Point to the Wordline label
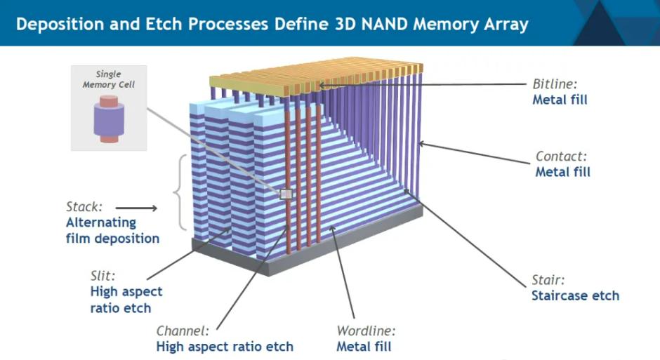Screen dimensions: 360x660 click(366, 331)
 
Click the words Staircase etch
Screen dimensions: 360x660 click(575, 295)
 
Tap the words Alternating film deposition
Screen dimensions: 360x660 click(112, 230)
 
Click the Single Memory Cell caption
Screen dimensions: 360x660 click(109, 79)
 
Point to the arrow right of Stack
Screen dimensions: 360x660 click(136, 208)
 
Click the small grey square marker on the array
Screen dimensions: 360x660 click(286, 194)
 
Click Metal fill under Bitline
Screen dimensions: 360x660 click(560, 100)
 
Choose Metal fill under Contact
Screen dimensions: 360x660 click(562, 172)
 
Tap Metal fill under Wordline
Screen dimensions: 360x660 click(364, 346)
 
